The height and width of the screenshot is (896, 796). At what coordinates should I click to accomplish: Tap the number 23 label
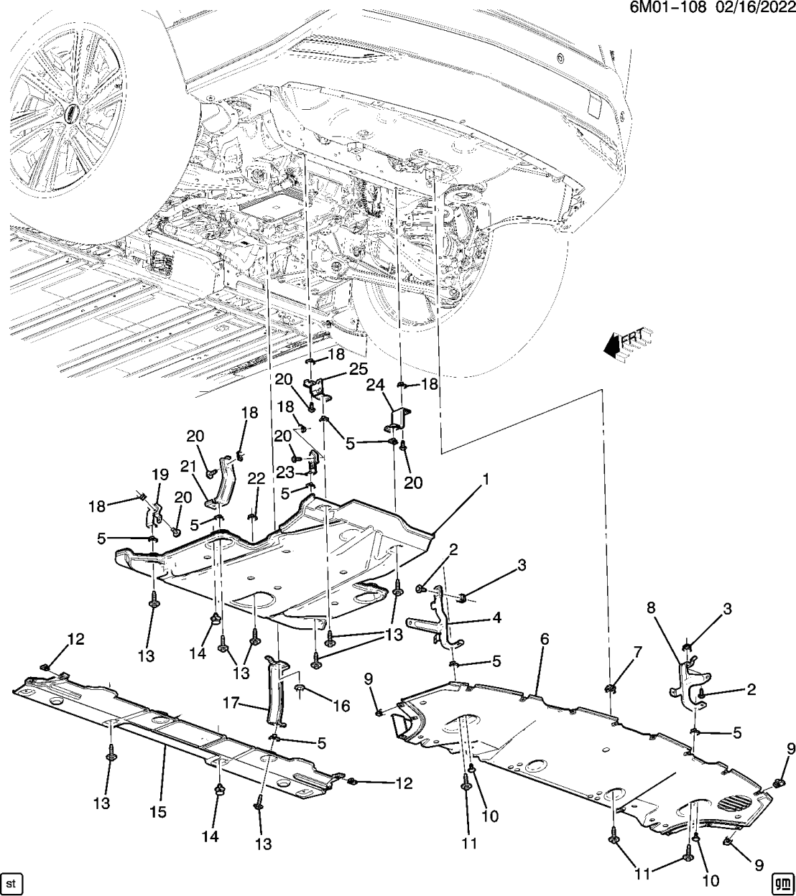click(x=286, y=472)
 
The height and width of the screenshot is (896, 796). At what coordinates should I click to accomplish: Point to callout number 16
click(x=341, y=706)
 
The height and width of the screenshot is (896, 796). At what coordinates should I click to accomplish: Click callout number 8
click(x=650, y=608)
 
